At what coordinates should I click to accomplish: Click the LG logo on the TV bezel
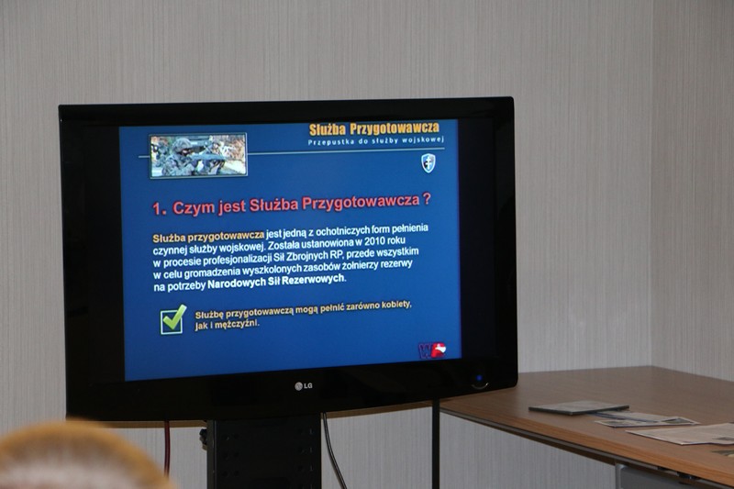pyautogui.click(x=304, y=386)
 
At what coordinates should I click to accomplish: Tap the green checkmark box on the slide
pyautogui.click(x=172, y=319)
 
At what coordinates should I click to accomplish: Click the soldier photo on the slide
pyautogui.click(x=198, y=156)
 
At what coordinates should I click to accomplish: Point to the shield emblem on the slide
pyautogui.click(x=428, y=163)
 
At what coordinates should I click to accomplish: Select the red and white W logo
pyautogui.click(x=432, y=350)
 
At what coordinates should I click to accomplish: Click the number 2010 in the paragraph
pyautogui.click(x=376, y=242)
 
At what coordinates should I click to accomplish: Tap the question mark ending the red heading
pyautogui.click(x=426, y=199)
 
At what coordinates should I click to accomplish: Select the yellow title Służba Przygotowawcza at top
pyautogui.click(x=374, y=128)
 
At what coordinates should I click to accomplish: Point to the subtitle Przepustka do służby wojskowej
pyautogui.click(x=376, y=141)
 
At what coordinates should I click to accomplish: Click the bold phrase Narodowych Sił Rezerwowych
pyautogui.click(x=276, y=282)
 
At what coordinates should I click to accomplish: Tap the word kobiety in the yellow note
pyautogui.click(x=396, y=305)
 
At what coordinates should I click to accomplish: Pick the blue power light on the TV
pyautogui.click(x=479, y=378)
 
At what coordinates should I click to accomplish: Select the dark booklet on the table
pyautogui.click(x=579, y=407)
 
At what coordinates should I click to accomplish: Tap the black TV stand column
pyautogui.click(x=264, y=451)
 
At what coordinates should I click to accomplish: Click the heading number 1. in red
pyautogui.click(x=159, y=209)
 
